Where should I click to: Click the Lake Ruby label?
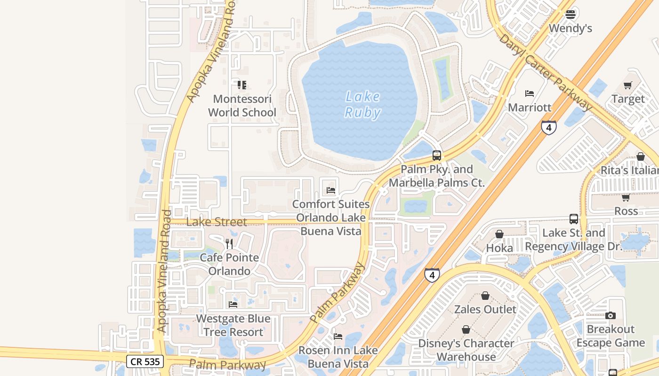point(362,104)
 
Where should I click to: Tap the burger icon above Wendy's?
point(571,15)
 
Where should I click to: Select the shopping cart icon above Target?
point(627,85)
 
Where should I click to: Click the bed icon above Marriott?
point(530,94)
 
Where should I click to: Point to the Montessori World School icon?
point(242,85)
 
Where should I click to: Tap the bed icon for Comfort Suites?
point(331,190)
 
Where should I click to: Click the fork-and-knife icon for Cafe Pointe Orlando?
point(229,243)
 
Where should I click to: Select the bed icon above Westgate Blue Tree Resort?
point(233,305)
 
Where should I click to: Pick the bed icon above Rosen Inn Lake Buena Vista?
point(338,337)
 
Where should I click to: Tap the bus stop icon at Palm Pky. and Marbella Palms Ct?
point(437,156)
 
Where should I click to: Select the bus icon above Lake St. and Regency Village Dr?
point(573,219)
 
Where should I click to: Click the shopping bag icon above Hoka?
point(499,234)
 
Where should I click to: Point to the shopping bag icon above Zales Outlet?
point(485,296)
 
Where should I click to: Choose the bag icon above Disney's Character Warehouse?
point(466,329)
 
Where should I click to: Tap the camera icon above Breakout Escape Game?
point(611,315)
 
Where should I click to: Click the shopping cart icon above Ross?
point(626,197)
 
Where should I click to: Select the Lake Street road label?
point(217,222)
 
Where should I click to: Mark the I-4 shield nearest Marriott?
point(549,127)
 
